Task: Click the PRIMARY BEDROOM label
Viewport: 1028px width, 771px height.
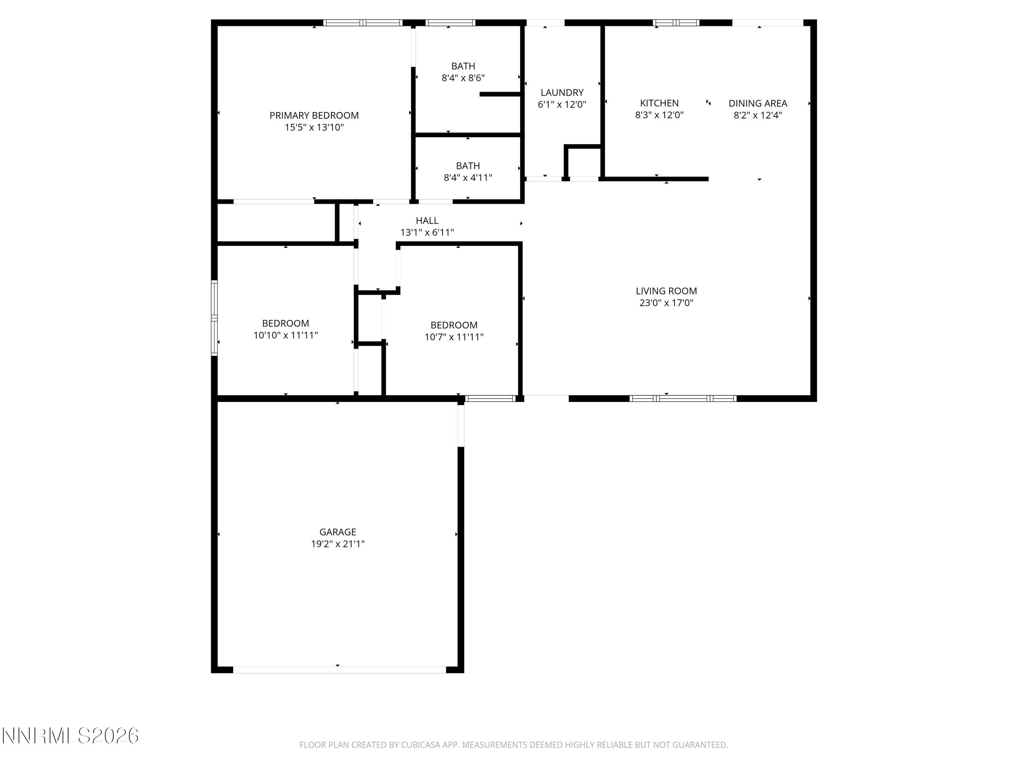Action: [314, 115]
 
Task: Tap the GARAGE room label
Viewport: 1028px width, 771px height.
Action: [338, 532]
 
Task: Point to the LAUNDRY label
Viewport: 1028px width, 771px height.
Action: [562, 93]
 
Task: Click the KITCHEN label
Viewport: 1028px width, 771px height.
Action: [659, 103]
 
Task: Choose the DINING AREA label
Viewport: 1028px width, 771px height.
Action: [758, 103]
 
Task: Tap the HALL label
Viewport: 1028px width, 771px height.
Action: [427, 220]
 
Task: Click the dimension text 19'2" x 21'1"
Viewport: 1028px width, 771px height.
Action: [338, 544]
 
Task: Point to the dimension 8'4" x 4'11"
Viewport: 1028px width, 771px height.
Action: [467, 178]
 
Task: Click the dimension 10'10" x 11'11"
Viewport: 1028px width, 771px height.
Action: [285, 335]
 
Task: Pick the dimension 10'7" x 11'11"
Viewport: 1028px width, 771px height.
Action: [454, 337]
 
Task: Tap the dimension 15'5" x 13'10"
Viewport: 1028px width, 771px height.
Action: [314, 127]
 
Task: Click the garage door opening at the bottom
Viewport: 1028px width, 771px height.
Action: [339, 670]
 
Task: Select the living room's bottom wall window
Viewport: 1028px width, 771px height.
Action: [683, 398]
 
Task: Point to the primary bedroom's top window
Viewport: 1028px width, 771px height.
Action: [363, 22]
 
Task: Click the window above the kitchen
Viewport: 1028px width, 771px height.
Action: [676, 22]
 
